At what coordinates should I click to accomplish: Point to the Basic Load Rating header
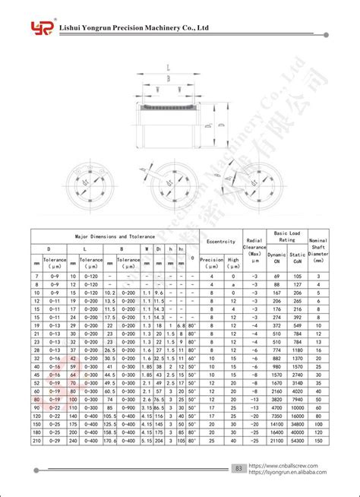[286, 236]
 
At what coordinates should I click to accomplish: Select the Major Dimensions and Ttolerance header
[113, 236]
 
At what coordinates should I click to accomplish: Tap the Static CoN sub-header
[297, 258]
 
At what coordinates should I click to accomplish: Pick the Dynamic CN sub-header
[276, 258]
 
